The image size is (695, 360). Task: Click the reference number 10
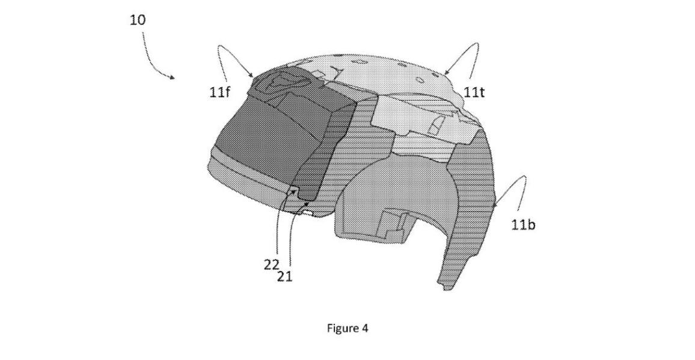pyautogui.click(x=138, y=20)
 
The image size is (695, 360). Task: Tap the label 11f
pyautogui.click(x=219, y=93)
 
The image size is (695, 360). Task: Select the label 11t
pyautogui.click(x=474, y=92)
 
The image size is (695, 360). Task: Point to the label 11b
pyautogui.click(x=523, y=225)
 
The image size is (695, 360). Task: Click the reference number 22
pyautogui.click(x=272, y=264)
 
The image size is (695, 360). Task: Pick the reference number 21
pyautogui.click(x=284, y=276)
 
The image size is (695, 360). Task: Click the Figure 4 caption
pyautogui.click(x=348, y=329)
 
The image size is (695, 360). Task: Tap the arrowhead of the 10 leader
pyautogui.click(x=172, y=77)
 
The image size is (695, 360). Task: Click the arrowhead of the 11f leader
pyautogui.click(x=251, y=75)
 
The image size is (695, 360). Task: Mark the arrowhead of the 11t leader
pyautogui.click(x=446, y=72)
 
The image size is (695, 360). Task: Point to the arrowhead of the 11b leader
pyautogui.click(x=495, y=205)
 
